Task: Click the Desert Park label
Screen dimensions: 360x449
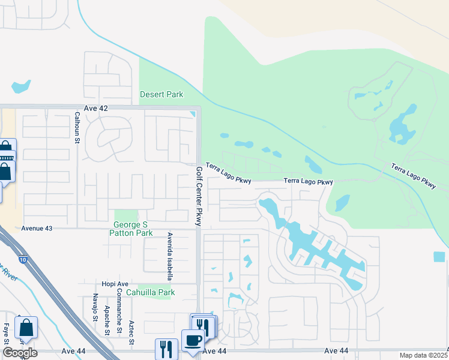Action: pyautogui.click(x=161, y=94)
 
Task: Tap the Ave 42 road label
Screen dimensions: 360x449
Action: pyautogui.click(x=95, y=108)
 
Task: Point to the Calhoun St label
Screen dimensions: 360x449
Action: pyautogui.click(x=77, y=128)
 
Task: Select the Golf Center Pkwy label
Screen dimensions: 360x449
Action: pyautogui.click(x=199, y=196)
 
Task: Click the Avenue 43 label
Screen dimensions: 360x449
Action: pyautogui.click(x=37, y=228)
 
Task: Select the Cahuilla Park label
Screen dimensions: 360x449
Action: pyautogui.click(x=154, y=293)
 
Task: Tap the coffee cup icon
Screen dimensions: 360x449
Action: pyautogui.click(x=193, y=340)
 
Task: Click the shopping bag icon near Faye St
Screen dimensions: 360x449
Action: pyautogui.click(x=26, y=328)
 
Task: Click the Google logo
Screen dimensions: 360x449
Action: pyautogui.click(x=20, y=353)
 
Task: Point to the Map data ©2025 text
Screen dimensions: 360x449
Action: pyautogui.click(x=423, y=355)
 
